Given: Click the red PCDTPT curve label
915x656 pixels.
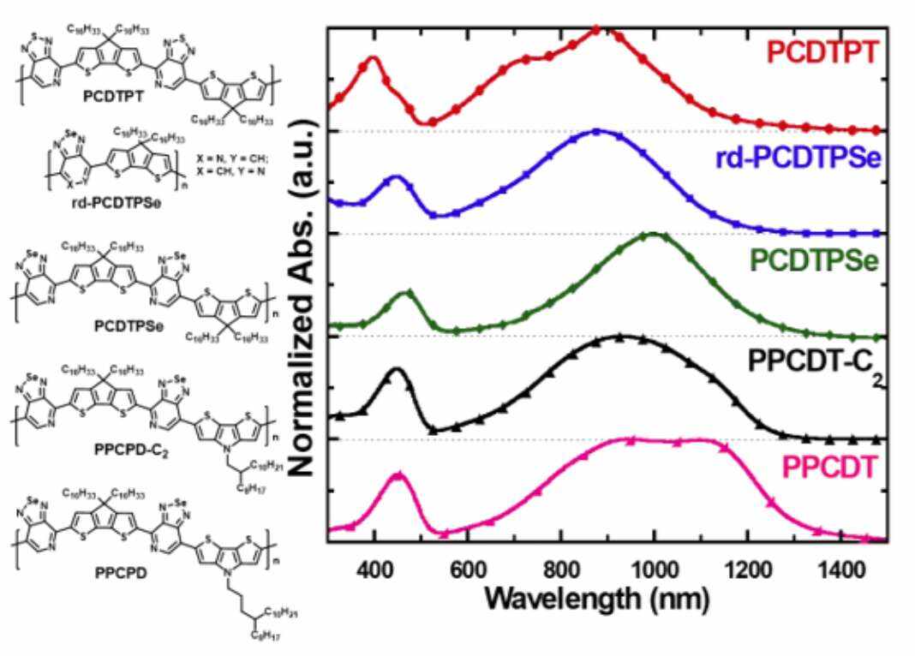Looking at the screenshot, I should coord(822,53).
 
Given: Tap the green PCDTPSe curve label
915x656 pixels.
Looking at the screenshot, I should coord(817,262).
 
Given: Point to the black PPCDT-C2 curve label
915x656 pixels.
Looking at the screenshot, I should coord(814,363).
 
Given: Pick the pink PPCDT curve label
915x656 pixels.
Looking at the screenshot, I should coord(831,467).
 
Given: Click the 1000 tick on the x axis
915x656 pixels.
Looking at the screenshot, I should coord(655,567).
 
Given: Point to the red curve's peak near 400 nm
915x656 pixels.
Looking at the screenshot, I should coord(373,58).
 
